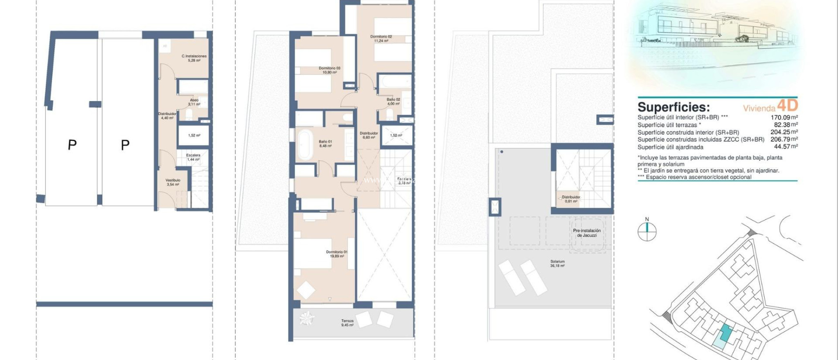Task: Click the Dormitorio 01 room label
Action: [337, 254]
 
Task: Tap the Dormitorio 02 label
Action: [381, 38]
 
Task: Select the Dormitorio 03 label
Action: [329, 70]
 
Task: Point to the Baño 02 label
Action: [393, 101]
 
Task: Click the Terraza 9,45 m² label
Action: [347, 323]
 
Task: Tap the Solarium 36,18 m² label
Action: [557, 263]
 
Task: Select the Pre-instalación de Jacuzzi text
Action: [587, 233]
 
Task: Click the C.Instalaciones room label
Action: [194, 58]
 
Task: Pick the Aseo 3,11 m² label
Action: [194, 102]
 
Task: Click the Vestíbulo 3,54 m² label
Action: [173, 182]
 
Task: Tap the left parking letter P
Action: [72, 145]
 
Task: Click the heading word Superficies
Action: [674, 107]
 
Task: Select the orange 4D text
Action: [787, 106]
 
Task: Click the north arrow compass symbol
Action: [647, 232]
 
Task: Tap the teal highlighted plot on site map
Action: [725, 334]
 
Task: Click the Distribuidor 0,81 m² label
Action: [571, 199]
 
